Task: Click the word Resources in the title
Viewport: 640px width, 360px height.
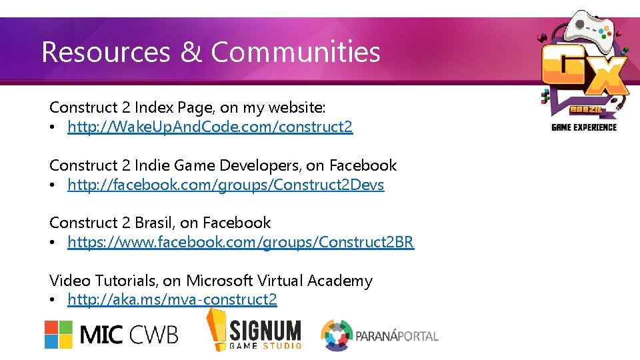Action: (105, 52)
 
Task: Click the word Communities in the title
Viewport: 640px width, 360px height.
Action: (295, 52)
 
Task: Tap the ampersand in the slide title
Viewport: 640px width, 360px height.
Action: (191, 52)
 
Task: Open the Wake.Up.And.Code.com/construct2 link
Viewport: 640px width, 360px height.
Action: (210, 127)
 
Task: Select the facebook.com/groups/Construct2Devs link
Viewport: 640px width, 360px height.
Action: (225, 185)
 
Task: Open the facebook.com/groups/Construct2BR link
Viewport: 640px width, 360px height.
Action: (241, 242)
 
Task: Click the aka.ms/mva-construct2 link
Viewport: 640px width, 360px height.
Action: (172, 300)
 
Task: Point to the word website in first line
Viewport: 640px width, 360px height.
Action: (297, 107)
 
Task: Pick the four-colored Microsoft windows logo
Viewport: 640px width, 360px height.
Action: (59, 334)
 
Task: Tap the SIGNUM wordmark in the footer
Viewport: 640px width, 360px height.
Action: (265, 330)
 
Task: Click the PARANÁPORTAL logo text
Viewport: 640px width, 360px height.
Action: (398, 335)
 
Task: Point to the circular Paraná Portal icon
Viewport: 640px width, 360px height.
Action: (337, 335)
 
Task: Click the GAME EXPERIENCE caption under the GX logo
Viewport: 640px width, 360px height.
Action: (584, 127)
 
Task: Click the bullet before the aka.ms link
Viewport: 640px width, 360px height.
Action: (53, 301)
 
